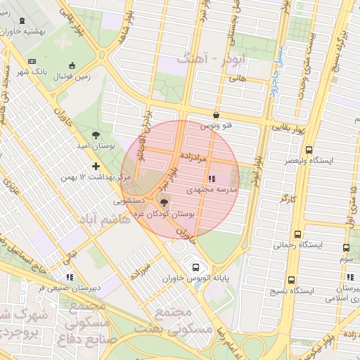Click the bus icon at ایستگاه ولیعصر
pos(309,150)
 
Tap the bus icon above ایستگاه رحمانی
pos(297,234)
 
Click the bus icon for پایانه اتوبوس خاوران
pos(195,267)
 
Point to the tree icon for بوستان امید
pos(96,134)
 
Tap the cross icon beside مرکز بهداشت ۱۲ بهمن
pos(96,166)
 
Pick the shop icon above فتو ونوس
pos(215,115)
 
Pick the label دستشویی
pos(132,200)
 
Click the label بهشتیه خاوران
pos(29,32)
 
